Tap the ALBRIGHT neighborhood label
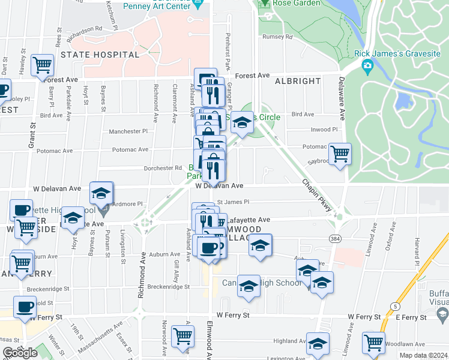pos(298,80)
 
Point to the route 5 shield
pos(394,307)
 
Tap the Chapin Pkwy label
pos(317,195)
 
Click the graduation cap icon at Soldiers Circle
pos(242,122)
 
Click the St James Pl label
pos(233,202)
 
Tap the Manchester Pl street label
pos(128,131)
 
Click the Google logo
pos(20,353)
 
